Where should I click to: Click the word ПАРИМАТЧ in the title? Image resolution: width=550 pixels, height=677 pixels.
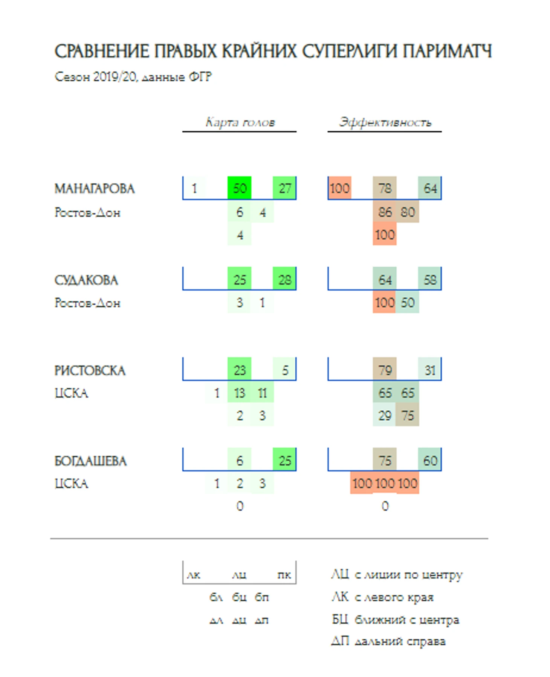(447, 52)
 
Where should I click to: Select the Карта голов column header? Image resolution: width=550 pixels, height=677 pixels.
(240, 122)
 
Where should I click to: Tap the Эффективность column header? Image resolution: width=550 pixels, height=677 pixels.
(385, 122)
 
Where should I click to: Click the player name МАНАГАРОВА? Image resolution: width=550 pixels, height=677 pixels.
(95, 189)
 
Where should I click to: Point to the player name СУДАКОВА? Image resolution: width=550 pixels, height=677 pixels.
(86, 280)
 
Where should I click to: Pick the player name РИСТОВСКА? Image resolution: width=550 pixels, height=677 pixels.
(90, 371)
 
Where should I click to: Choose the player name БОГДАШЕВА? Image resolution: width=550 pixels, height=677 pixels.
(90, 461)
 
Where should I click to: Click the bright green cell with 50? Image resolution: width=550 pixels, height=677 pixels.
(240, 188)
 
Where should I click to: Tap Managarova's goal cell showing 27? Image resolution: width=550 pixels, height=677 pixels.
(285, 188)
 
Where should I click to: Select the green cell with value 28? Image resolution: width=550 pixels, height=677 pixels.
(285, 279)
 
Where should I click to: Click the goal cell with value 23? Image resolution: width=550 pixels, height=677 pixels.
(240, 370)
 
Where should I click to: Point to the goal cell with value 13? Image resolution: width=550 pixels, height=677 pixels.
(240, 393)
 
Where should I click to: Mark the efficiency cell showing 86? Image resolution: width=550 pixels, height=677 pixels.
(385, 212)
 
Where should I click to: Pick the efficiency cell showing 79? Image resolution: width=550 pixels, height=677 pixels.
(385, 370)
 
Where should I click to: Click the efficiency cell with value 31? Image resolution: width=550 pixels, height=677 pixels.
(430, 370)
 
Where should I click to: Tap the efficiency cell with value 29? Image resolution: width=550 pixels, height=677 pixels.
(385, 415)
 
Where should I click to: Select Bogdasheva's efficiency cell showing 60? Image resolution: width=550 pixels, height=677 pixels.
(430, 460)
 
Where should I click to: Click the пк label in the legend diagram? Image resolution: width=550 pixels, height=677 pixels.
(284, 575)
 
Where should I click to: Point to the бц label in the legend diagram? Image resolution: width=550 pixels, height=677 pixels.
(240, 597)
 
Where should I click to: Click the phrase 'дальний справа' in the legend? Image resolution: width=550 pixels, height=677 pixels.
(400, 641)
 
